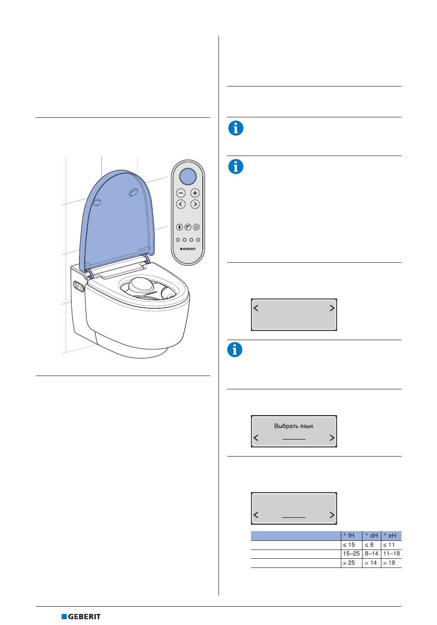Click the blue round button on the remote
188,176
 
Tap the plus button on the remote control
195,193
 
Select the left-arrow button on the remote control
181,204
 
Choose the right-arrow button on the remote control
195,204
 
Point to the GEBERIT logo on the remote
188,249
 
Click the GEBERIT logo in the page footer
81,617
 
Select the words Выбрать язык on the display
293,426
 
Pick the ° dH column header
371,536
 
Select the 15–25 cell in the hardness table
351,554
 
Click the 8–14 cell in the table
371,554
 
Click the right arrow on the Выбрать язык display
332,438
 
